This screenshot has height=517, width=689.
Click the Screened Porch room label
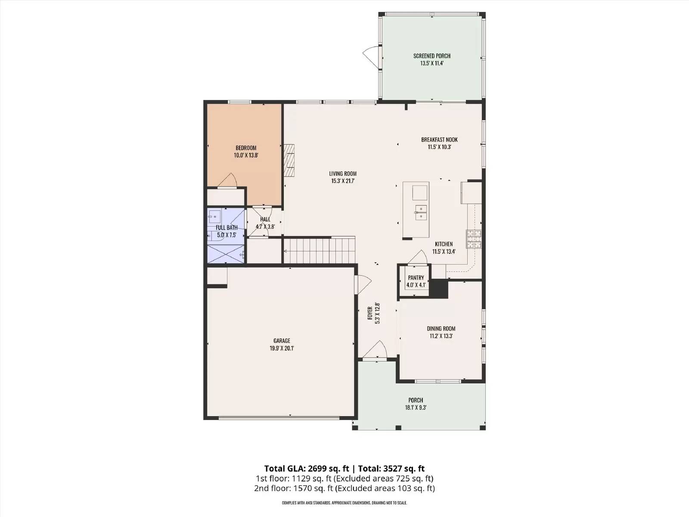click(x=431, y=56)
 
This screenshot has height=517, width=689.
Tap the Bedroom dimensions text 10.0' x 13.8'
click(x=246, y=155)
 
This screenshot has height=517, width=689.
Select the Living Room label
click(x=343, y=174)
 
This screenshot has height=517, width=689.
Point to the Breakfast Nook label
click(x=439, y=140)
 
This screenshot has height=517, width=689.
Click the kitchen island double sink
click(x=421, y=212)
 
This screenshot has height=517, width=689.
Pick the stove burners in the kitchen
click(x=474, y=239)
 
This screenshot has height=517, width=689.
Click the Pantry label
click(x=416, y=278)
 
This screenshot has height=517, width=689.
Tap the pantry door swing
click(x=419, y=257)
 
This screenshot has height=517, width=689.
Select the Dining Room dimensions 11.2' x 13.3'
click(x=441, y=336)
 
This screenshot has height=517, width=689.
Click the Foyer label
click(x=370, y=313)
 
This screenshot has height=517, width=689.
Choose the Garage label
click(x=282, y=341)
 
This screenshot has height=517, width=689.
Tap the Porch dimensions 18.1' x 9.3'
click(x=416, y=408)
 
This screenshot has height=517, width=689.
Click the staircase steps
click(x=319, y=250)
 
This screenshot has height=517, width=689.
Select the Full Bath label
click(x=227, y=227)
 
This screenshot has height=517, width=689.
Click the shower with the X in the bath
click(x=226, y=254)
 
